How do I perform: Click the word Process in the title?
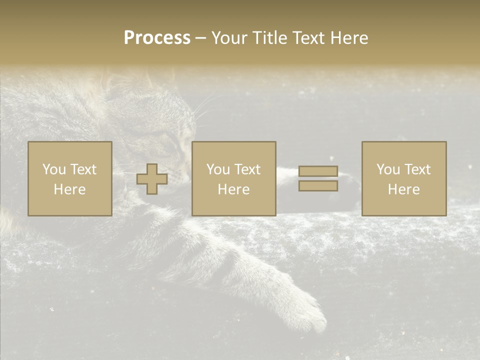point(157,38)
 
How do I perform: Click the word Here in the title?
point(349,38)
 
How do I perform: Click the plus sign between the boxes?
point(152,179)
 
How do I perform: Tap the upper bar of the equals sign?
point(318,171)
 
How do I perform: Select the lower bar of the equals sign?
point(318,186)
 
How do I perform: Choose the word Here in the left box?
point(69,189)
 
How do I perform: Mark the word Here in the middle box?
point(233,189)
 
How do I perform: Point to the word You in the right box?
point(388,169)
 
